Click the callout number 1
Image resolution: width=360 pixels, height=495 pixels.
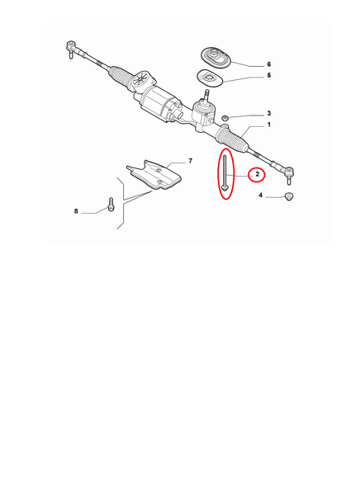tap(269, 125)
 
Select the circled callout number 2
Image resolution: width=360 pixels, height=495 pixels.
tap(258, 174)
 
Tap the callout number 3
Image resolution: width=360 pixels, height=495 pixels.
tap(269, 113)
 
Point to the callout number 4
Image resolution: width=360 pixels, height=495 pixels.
tap(260, 195)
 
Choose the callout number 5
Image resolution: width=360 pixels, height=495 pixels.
tap(269, 75)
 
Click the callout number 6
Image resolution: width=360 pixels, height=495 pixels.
tap(269, 64)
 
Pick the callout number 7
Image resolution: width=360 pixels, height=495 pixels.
tap(190, 161)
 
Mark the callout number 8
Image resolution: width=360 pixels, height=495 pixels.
tap(76, 211)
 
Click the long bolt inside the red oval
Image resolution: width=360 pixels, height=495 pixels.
tap(225, 173)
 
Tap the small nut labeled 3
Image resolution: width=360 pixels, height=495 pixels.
tap(225, 118)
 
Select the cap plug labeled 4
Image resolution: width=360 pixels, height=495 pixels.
tap(288, 196)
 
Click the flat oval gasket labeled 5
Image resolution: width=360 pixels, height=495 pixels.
tap(210, 78)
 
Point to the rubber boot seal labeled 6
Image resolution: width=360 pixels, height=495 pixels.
tap(216, 57)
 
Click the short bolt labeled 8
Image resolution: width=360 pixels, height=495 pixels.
tap(111, 205)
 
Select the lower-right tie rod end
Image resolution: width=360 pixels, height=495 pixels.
tap(288, 174)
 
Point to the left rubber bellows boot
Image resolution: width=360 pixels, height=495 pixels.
tap(121, 75)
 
